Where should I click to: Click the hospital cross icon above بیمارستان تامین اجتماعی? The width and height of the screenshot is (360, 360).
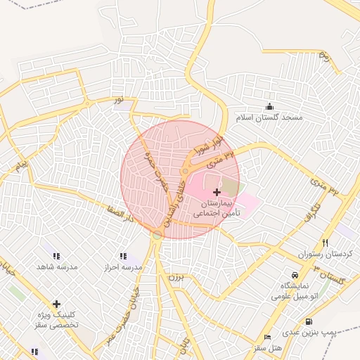click(216, 192)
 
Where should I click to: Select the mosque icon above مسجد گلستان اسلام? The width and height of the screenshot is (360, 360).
click(269, 106)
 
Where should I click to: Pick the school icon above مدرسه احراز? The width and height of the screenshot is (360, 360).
click(123, 257)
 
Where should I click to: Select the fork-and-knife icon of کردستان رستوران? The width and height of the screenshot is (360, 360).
click(324, 242)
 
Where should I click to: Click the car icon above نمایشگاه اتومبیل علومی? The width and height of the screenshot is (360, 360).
click(294, 275)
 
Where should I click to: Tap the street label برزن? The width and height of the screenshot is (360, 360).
click(174, 277)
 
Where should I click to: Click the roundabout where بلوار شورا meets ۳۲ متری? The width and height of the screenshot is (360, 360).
click(186, 171)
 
